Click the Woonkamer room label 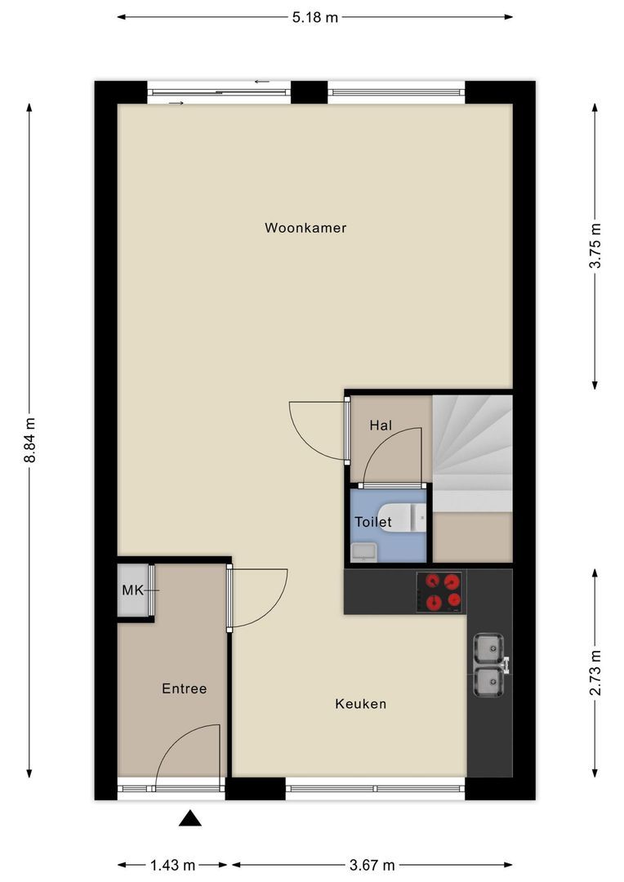tap(305, 228)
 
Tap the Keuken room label tap(360, 703)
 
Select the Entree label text tap(184, 688)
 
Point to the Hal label tap(381, 425)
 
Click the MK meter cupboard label tap(132, 590)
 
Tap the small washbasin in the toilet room tap(363, 552)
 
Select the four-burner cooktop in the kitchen tap(440, 592)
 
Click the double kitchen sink tap(489, 664)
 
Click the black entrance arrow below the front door tap(190, 818)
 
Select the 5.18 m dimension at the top tap(314, 16)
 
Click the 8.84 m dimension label tap(30, 440)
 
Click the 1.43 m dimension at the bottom tap(172, 865)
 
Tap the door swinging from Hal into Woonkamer tap(317, 428)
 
